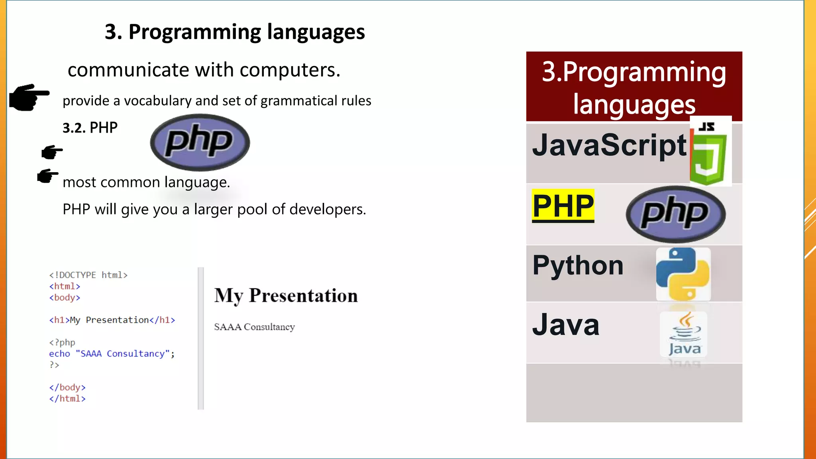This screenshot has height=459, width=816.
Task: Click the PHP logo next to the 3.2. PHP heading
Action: (200, 142)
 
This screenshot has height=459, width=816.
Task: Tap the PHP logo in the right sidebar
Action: (676, 214)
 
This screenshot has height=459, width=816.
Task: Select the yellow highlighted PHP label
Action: (563, 206)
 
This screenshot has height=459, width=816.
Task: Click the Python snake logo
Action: (683, 274)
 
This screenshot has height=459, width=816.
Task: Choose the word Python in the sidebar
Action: (578, 265)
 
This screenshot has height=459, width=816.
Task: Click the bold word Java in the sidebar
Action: (566, 325)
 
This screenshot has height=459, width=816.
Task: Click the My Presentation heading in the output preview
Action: (286, 296)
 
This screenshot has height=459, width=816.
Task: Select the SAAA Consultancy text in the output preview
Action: (254, 327)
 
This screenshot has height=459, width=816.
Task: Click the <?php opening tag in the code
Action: (62, 342)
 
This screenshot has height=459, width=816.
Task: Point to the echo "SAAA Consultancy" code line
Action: (112, 354)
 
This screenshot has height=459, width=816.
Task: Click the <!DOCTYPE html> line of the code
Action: (88, 275)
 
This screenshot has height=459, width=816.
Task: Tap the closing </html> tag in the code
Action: (67, 398)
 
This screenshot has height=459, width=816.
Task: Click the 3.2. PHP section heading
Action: (90, 128)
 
